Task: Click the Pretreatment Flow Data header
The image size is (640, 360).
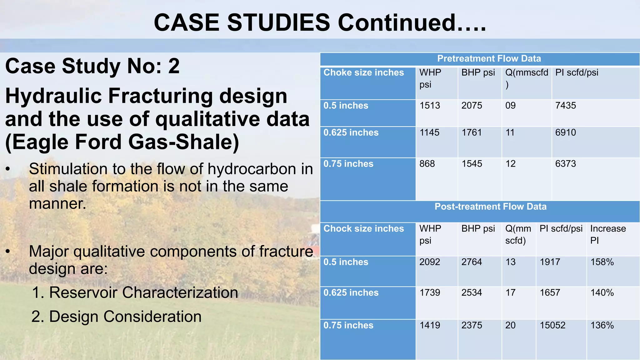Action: [489, 59]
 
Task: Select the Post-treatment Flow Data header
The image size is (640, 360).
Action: [490, 207]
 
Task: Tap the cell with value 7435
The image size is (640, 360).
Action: [565, 106]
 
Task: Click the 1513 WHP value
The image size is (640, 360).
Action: [430, 106]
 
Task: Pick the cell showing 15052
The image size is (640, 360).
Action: [552, 325]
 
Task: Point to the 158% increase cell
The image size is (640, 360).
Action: [602, 262]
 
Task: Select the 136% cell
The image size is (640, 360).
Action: [602, 325]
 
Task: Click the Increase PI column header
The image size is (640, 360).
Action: [608, 234]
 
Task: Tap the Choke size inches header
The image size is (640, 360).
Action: [363, 72]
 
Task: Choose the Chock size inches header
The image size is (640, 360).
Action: [363, 229]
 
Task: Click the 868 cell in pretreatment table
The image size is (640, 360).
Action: [427, 164]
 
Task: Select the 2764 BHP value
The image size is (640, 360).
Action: [472, 262]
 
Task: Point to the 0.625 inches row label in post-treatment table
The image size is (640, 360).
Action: [351, 293]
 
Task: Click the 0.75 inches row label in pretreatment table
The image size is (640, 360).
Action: [348, 164]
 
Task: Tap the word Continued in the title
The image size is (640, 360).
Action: [397, 23]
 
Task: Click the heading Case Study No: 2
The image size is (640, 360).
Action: [92, 66]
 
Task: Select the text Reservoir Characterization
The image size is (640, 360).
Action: [143, 293]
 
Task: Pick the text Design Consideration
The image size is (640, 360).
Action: [125, 317]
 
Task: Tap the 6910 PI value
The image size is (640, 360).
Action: [565, 132]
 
